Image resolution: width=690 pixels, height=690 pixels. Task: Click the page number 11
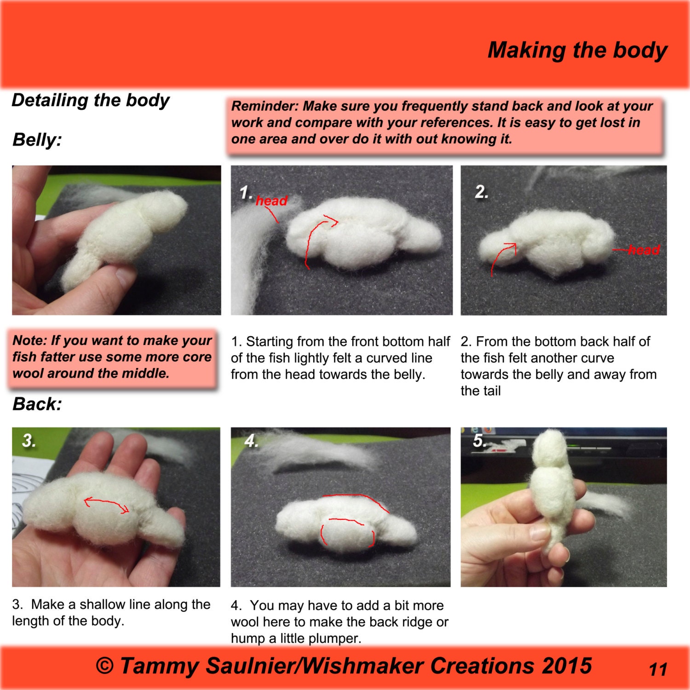658,669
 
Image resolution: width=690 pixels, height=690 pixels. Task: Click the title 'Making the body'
577,50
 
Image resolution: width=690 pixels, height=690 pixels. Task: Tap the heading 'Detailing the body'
91,100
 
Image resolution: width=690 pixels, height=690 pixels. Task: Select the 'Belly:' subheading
37,139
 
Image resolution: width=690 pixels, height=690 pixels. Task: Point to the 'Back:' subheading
37,404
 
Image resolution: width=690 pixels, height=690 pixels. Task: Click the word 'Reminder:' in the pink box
265,106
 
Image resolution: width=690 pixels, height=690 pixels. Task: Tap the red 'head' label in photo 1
271,201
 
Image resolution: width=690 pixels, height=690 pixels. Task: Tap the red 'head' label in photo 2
644,250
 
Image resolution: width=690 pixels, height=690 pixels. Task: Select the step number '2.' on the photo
482,192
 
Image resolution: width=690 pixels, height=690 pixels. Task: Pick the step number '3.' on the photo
29,441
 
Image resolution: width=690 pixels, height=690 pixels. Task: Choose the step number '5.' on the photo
479,441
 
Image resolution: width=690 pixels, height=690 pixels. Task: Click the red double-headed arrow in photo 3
106,504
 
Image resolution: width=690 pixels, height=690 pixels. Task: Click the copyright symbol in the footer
105,666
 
